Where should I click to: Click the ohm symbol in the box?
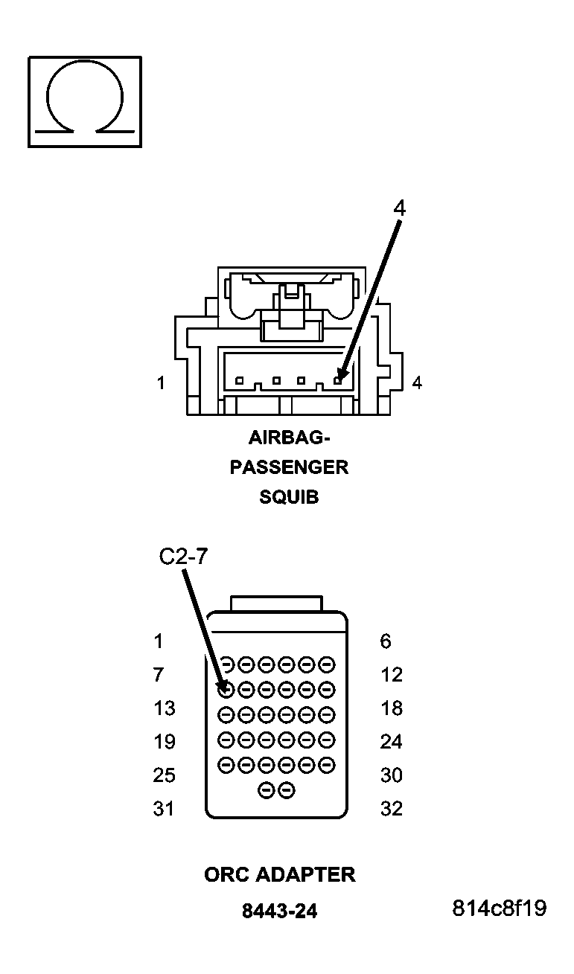[84, 101]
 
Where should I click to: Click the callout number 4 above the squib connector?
[400, 208]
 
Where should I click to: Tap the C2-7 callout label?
[183, 557]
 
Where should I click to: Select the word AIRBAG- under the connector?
[290, 437]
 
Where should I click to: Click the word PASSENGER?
[289, 467]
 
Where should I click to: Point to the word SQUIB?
[289, 497]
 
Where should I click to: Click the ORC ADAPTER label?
[280, 874]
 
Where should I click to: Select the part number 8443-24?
[280, 911]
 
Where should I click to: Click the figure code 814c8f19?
[499, 909]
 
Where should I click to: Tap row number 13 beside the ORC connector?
[164, 708]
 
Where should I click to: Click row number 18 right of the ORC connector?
[392, 708]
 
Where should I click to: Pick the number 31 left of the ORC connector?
[164, 808]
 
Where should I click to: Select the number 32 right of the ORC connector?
[392, 808]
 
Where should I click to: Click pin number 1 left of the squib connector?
[161, 383]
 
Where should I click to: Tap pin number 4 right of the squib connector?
[417, 383]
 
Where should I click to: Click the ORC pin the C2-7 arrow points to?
[227, 689]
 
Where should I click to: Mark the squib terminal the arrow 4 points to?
[337, 380]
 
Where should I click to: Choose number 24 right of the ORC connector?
[392, 742]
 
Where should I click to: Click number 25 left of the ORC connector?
[164, 775]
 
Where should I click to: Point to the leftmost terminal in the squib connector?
[239, 381]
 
